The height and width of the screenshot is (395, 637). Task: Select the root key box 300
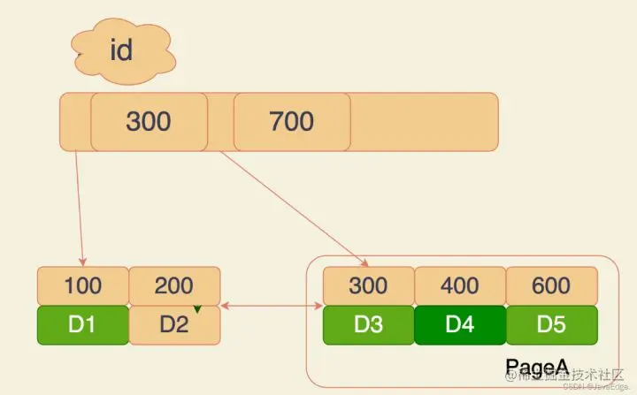coord(149,121)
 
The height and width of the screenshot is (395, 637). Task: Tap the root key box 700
coord(291,121)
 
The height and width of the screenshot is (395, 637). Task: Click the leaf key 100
coord(82,286)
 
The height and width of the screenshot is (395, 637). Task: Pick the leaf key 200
coord(174,286)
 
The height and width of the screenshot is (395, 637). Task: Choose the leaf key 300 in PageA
coord(368,286)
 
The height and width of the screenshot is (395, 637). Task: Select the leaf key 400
coord(460,286)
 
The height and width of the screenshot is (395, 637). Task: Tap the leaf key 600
coord(551,286)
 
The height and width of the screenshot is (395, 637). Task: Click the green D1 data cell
coord(82,324)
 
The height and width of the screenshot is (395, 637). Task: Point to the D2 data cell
coord(174,324)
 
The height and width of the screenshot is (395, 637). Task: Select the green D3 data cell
coord(368,324)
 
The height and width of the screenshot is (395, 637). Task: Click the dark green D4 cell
coord(460,324)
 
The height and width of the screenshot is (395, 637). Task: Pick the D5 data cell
coord(551,324)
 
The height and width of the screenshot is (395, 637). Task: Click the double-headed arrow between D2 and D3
coord(271,307)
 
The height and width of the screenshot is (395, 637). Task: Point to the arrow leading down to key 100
coord(80,208)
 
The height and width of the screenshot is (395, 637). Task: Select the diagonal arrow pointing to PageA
coord(292,208)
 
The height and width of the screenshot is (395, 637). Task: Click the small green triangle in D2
coord(199,308)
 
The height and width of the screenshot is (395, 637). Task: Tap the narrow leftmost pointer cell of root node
coord(75,121)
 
